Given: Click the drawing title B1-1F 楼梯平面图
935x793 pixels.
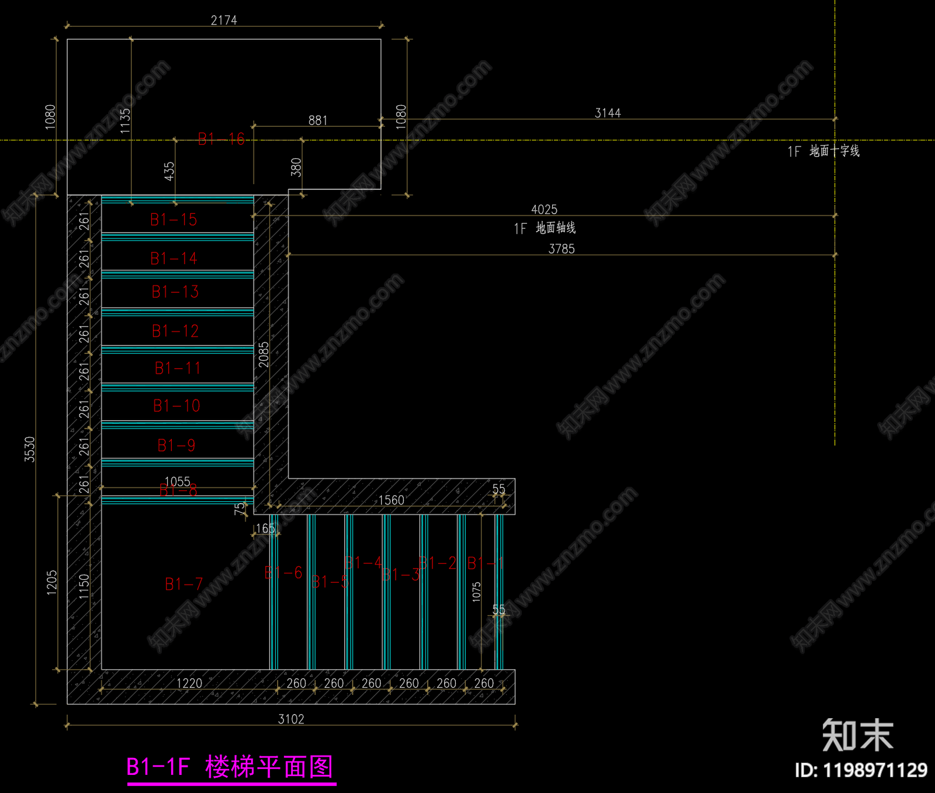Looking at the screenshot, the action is coord(231,767).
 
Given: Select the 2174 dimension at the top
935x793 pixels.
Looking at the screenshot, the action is coord(224,20).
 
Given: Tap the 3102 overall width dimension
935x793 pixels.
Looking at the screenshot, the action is coord(291,719).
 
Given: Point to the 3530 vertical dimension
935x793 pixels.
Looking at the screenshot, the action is coord(30,449).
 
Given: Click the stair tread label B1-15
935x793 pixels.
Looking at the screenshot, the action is coord(174,220).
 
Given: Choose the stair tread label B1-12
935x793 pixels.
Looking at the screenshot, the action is coord(175,331).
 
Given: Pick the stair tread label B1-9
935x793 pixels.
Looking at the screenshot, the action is coord(176,445).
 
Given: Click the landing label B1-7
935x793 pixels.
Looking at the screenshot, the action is coord(183,584).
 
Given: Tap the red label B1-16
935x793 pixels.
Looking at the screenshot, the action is coord(221,139).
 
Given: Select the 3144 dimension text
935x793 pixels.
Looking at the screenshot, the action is coord(608,113).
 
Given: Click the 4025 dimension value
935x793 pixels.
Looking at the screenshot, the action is coord(544,209).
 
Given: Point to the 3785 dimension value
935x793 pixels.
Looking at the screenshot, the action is coord(562,249).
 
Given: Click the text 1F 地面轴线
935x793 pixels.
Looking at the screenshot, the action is coord(545,228).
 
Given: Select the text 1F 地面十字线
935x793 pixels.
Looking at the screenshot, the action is coord(823,151).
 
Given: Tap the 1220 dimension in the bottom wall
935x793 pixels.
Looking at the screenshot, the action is coord(189,683).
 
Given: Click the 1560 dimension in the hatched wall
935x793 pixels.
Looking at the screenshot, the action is coord(392,500).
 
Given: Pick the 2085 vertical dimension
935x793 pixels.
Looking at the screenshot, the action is coord(264,355).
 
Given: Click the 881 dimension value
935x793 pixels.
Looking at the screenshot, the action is coord(318,120).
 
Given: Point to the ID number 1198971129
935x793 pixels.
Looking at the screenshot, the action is coord(861,770).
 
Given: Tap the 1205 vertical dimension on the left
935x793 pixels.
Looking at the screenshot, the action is coord(52,583).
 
